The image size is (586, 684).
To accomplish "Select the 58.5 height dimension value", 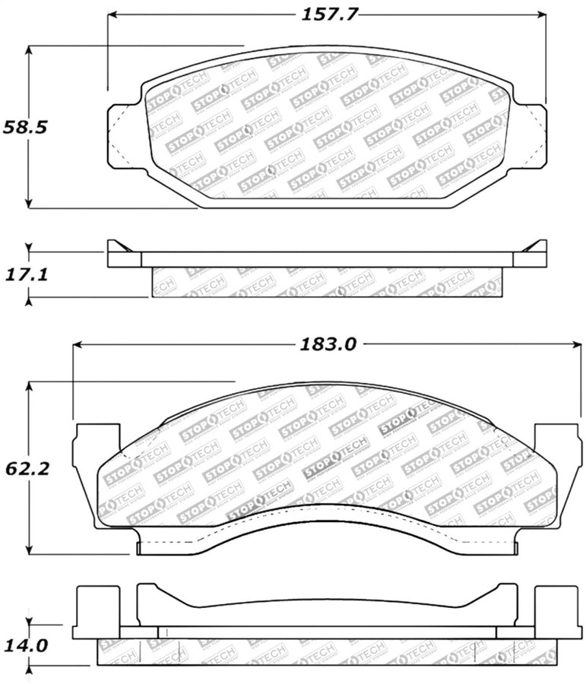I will tap(26, 126).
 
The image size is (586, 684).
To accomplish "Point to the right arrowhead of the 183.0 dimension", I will tap(577, 344).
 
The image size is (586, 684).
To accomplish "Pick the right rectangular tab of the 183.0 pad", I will tap(558, 456).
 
